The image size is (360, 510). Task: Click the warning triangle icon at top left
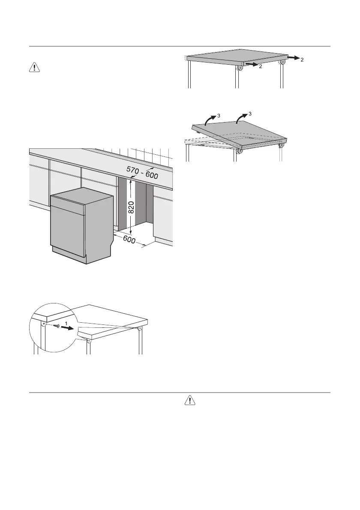coord(35,67)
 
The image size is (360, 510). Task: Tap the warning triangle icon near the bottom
coord(189,400)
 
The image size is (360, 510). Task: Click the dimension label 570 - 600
coord(142,173)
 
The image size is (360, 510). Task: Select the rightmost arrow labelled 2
coord(293,57)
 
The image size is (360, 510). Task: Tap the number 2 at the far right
coord(303,60)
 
